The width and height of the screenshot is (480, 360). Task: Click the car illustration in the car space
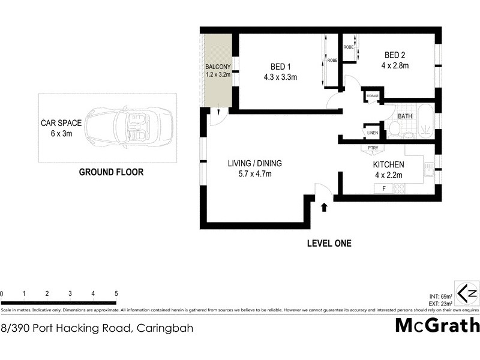[x=129, y=128]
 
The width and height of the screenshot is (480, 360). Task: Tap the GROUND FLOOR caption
[x=112, y=172]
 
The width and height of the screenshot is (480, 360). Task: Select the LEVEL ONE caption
[x=329, y=243]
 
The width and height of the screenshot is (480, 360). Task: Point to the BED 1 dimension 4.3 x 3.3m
[x=280, y=77]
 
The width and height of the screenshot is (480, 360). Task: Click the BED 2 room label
[x=396, y=55]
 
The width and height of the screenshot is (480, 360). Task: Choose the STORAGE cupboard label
[x=372, y=96]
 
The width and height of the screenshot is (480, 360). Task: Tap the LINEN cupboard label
[x=372, y=133]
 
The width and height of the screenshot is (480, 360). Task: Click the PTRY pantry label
[x=368, y=148]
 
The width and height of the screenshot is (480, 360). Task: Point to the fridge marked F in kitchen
[x=377, y=188]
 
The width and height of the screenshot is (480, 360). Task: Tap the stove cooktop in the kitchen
[x=400, y=188]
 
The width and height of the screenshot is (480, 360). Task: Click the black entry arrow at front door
[x=324, y=208]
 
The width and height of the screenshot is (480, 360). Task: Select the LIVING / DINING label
[x=254, y=163]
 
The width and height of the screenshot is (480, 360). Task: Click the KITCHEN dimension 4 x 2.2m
[x=388, y=175]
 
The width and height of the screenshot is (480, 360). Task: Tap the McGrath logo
[x=437, y=325]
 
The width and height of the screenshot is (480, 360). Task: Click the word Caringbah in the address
[x=165, y=328]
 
